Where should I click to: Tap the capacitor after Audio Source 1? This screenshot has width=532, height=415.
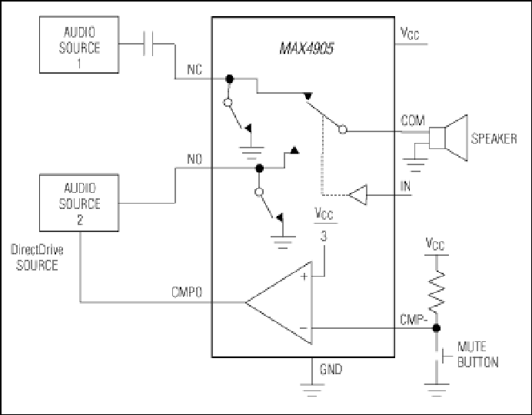point(148,43)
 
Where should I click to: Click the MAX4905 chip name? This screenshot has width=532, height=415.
point(307,48)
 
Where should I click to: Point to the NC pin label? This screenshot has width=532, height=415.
point(195,69)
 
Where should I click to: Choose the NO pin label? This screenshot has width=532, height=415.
point(195,159)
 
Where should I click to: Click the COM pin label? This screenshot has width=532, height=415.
point(413,121)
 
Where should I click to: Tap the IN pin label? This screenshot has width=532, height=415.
point(405,186)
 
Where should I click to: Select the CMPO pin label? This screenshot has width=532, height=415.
point(187,292)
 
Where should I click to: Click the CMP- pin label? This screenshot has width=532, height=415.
point(414,320)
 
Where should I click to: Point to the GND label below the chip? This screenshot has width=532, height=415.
point(331,369)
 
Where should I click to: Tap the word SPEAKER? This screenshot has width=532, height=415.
point(494,138)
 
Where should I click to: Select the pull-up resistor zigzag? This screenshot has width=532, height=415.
point(437,291)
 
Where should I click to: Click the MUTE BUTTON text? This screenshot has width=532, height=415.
point(477,354)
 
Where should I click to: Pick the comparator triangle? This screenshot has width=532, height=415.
point(279,303)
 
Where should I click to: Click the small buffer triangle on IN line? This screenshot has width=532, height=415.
point(358,195)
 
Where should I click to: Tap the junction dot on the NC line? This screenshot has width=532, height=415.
point(230,79)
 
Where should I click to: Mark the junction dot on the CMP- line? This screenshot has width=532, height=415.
point(437,328)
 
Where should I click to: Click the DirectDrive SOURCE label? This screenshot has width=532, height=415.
point(37,257)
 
